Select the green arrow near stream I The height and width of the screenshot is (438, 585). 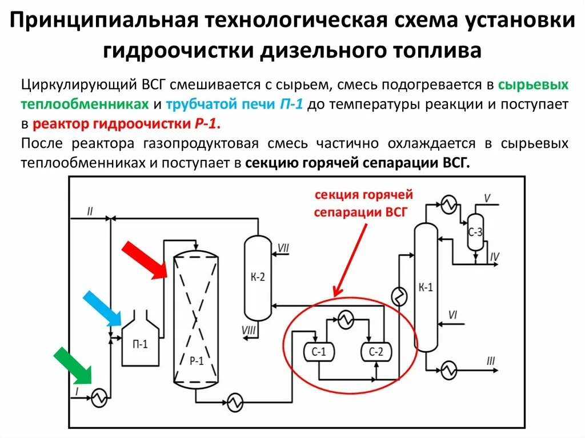(x=72, y=365)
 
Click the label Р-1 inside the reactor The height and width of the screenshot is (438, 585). (x=197, y=360)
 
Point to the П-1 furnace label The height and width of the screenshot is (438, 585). (x=140, y=344)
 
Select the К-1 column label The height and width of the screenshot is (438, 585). (x=426, y=287)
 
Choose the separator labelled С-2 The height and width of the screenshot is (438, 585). (x=375, y=352)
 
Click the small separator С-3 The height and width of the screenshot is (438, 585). (x=475, y=232)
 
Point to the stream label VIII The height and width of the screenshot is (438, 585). (x=249, y=330)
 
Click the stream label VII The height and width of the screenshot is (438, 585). (x=283, y=247)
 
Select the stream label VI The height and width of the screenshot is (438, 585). (x=453, y=314)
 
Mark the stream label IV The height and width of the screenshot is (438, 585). (x=494, y=257)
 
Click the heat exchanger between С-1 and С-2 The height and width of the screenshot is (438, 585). (x=344, y=320)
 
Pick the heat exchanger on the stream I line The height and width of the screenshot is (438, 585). (x=100, y=398)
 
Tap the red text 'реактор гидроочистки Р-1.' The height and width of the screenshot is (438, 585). (x=127, y=125)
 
